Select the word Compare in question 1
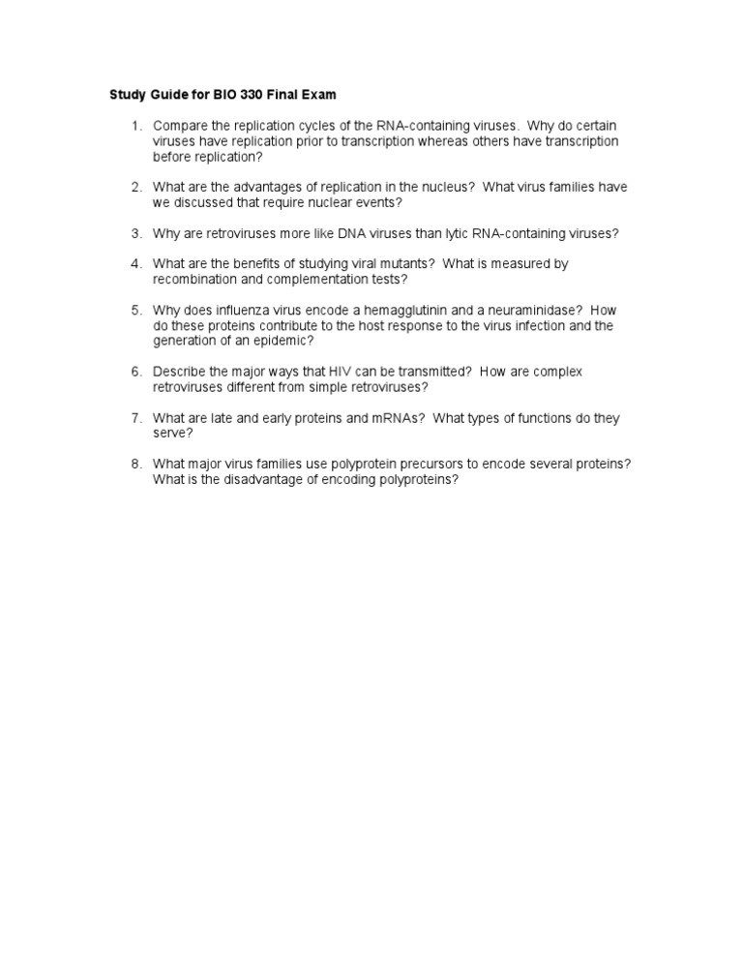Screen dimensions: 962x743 click(181, 126)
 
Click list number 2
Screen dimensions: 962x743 click(137, 187)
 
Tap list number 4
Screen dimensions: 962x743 click(137, 263)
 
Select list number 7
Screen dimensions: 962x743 click(137, 418)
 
